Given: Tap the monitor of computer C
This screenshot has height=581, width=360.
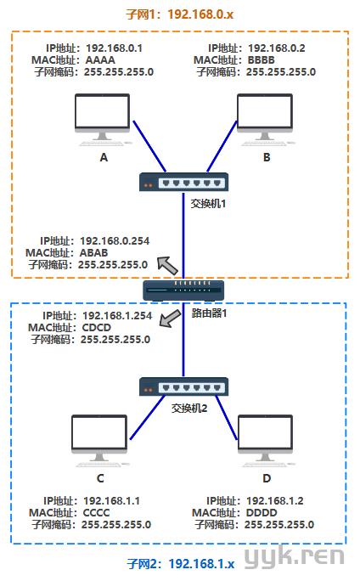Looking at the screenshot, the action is pos(99,438).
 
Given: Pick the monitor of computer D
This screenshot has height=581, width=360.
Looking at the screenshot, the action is pos(265,438).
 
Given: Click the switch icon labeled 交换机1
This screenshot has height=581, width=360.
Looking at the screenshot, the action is pos(183,182).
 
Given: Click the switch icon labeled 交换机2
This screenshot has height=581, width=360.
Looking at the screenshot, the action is pos(183,386).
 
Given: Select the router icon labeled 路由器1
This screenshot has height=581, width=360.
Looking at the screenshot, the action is pos(183,290).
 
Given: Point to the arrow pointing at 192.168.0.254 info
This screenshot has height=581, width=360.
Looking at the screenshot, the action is pos(168,265).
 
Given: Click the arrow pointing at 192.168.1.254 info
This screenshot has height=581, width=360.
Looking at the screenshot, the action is pos(170,319).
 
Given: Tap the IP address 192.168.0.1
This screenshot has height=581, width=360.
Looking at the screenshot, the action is pos(114,48).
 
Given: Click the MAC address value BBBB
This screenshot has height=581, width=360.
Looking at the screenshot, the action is pos(262,60).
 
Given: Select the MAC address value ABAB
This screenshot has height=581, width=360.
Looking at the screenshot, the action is pos(93,253).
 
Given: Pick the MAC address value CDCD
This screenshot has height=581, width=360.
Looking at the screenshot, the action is pos(96,328).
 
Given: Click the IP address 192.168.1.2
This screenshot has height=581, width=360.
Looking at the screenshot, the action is pos(275,501).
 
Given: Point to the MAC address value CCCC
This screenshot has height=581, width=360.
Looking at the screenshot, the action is pos(96,513).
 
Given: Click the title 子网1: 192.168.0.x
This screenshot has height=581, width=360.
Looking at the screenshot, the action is pos(180,14).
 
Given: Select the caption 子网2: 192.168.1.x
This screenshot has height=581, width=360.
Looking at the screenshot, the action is pos(181,564).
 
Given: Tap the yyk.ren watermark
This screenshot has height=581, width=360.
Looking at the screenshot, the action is pos(295,556).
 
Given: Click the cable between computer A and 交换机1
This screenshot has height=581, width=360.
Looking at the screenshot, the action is pos(149,146).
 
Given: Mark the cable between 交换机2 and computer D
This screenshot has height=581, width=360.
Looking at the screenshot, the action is pos(227,418).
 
